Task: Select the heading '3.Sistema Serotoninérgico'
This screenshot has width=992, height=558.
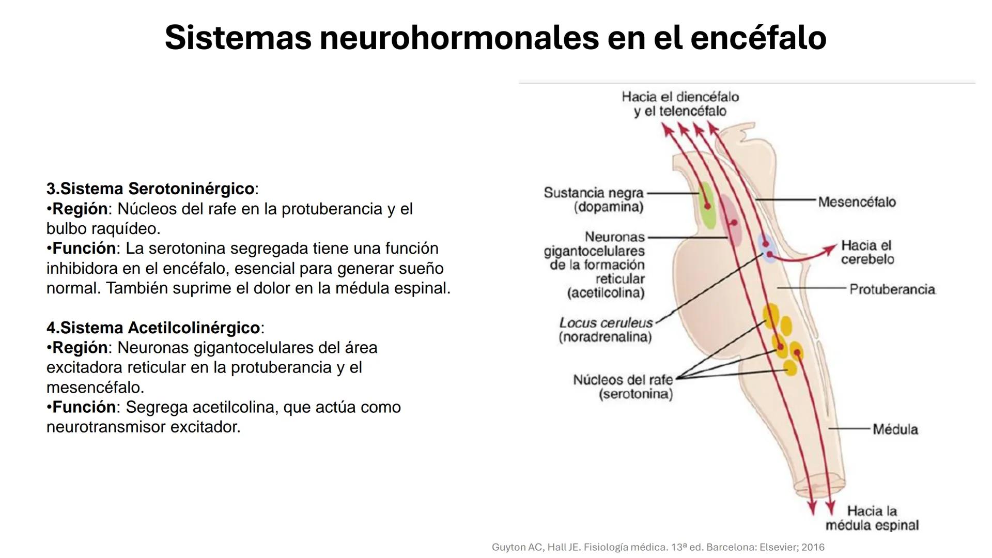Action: tap(150, 189)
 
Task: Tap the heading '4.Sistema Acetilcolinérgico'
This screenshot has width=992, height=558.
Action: tap(153, 328)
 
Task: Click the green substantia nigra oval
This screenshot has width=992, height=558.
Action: tap(707, 205)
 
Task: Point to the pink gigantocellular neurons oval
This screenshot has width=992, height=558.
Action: tap(731, 220)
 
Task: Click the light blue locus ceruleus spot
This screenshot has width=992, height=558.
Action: tap(767, 248)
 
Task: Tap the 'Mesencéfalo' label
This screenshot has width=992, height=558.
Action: tap(857, 202)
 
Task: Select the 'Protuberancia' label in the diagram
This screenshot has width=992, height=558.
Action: tap(892, 289)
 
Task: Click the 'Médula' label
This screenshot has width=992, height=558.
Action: tap(895, 429)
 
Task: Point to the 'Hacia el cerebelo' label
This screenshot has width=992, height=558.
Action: tap(866, 252)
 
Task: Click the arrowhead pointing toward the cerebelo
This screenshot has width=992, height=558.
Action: tap(831, 248)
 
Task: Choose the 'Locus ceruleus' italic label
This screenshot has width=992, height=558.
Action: tap(606, 323)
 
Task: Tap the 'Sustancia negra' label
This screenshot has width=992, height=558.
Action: tap(593, 193)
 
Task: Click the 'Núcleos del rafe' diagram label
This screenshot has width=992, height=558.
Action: tap(623, 380)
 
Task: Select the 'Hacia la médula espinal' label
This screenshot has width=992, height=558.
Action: tap(872, 518)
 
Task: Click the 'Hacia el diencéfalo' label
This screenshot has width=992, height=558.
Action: tap(680, 97)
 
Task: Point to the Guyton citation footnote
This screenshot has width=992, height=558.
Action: tap(658, 547)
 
